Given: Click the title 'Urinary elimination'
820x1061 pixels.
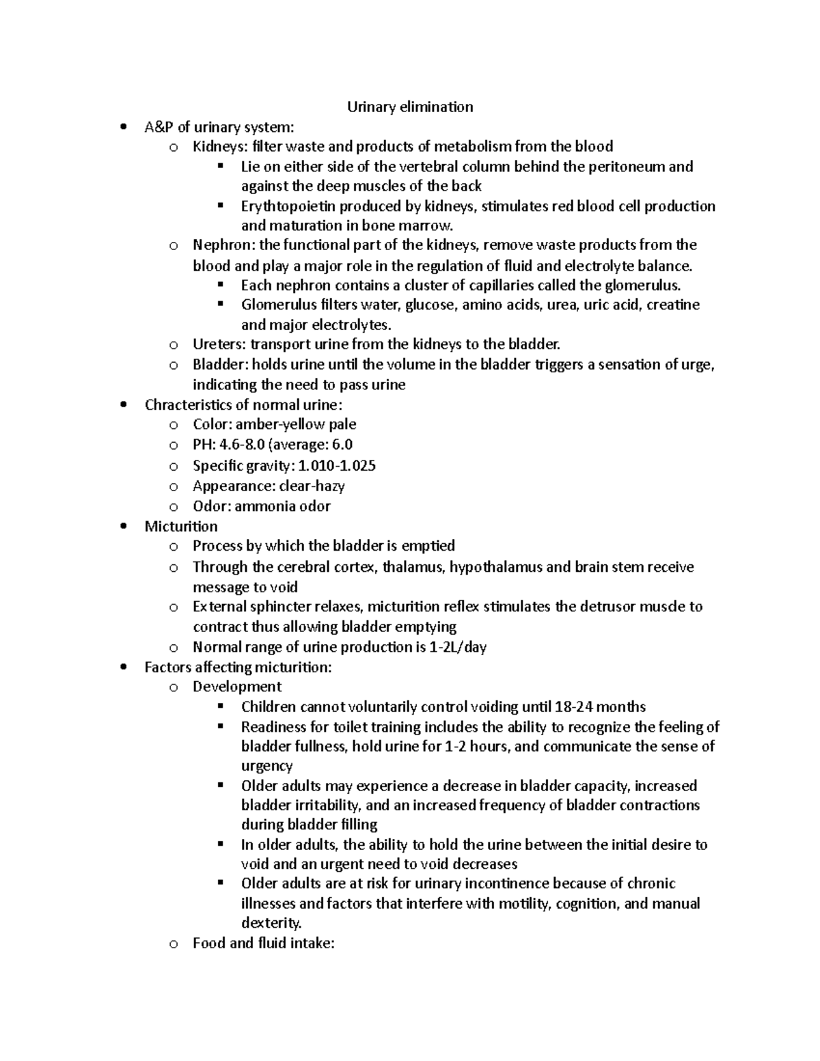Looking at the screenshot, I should pos(410,107).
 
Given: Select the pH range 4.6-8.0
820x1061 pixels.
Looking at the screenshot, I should pos(243,445).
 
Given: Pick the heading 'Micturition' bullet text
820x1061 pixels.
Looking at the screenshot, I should pos(181,526).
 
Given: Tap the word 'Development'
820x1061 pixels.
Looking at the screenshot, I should pos(237,687).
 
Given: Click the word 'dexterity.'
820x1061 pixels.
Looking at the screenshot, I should pos(271,923).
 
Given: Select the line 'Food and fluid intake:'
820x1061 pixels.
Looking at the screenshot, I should pos(263,944).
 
